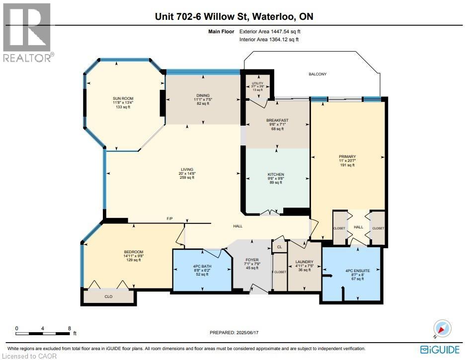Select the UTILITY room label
point(257,83)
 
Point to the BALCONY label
point(316,74)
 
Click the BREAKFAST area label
point(277,120)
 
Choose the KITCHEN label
point(276,174)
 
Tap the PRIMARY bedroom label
point(347,156)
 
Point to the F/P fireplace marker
point(170,219)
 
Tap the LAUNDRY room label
point(304,262)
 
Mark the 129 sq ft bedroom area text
point(134,260)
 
